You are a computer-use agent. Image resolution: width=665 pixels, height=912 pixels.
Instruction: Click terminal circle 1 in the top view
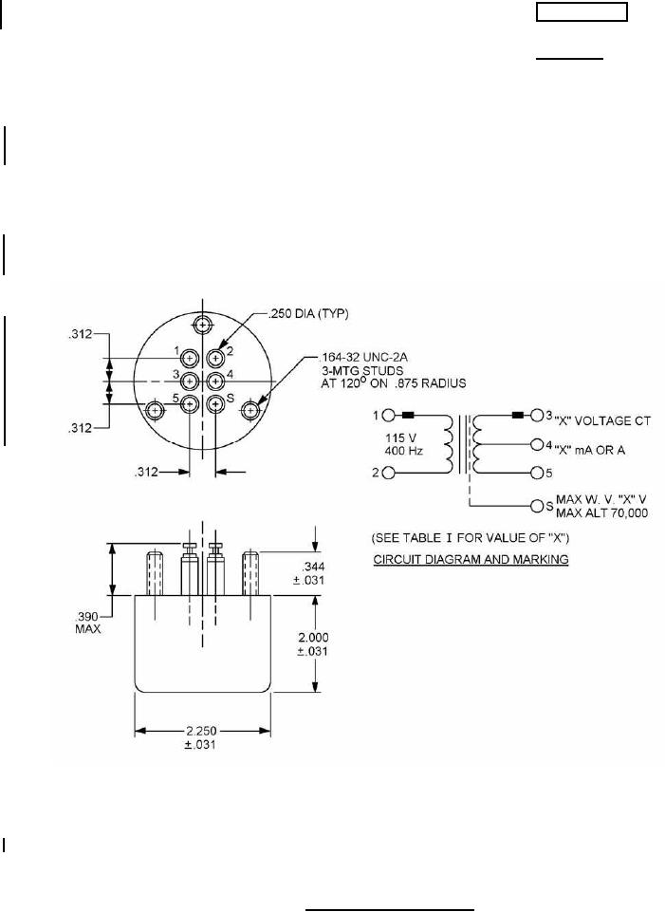190,358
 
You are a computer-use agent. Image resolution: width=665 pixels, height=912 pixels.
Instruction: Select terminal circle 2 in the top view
215,358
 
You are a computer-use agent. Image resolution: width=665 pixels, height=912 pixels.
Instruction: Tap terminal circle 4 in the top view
215,382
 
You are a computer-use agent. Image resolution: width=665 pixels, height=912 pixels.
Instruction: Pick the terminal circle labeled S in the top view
215,404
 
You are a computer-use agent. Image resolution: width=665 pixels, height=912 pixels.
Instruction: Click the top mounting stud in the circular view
203,325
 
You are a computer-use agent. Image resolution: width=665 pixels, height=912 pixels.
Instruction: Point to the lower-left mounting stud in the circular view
154,411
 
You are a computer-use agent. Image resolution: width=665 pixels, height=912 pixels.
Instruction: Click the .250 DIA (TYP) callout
308,314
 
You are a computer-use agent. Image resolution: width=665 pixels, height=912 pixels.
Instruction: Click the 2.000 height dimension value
313,638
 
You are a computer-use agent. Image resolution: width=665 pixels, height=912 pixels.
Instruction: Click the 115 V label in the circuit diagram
400,437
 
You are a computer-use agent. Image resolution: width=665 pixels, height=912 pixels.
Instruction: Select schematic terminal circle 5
537,473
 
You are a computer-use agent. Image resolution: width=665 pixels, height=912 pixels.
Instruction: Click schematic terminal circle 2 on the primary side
388,473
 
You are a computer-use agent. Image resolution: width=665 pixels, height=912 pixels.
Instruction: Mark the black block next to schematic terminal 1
408,416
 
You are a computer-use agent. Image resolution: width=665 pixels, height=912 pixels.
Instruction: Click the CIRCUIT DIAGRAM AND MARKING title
471,560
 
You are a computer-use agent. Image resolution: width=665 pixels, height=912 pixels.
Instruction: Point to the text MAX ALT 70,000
601,513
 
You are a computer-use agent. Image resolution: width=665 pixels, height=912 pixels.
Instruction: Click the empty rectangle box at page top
582,12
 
